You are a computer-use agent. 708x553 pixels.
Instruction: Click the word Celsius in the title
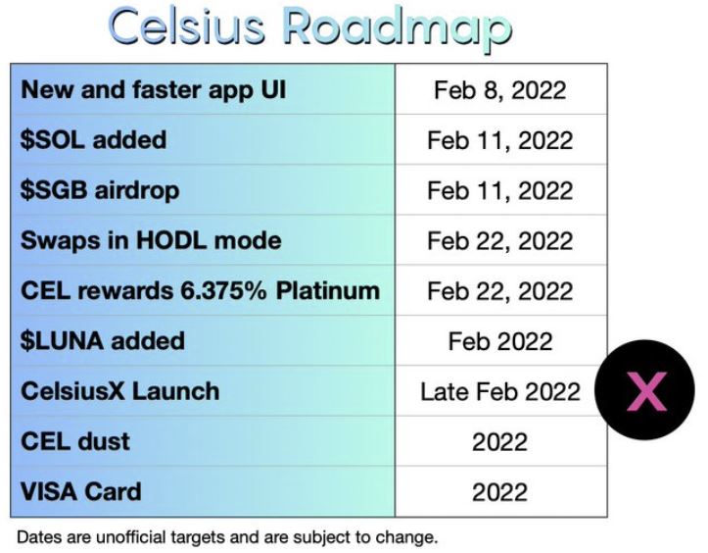tap(186, 26)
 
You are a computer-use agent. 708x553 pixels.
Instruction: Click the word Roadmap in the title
tap(398, 29)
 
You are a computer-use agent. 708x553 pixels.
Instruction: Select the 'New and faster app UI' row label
tap(154, 89)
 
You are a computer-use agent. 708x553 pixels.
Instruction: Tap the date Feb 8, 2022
tap(499, 90)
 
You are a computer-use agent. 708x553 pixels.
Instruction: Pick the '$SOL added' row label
tap(93, 139)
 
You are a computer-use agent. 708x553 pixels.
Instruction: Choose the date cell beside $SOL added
tap(499, 140)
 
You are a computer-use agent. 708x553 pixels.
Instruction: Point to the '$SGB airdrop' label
tap(100, 190)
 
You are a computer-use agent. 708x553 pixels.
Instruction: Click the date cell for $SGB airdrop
tap(499, 191)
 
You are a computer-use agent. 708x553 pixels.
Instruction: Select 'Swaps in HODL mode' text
tap(151, 240)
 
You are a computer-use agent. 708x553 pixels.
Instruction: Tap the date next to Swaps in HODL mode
tap(499, 241)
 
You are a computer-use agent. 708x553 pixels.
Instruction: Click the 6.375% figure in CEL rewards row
tap(223, 291)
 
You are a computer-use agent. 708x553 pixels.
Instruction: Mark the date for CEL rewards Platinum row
tap(499, 291)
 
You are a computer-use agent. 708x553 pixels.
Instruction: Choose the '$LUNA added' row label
tap(103, 341)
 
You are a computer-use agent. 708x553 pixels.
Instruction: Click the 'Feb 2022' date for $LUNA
tap(500, 341)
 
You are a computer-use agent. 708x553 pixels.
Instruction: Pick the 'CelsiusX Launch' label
tap(120, 391)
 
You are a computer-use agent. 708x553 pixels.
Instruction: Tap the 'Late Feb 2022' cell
tap(500, 391)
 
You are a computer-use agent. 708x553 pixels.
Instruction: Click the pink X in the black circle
tap(646, 391)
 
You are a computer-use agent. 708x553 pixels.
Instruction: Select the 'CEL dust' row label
tap(75, 441)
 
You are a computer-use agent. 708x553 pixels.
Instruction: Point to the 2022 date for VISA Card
tap(499, 492)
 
